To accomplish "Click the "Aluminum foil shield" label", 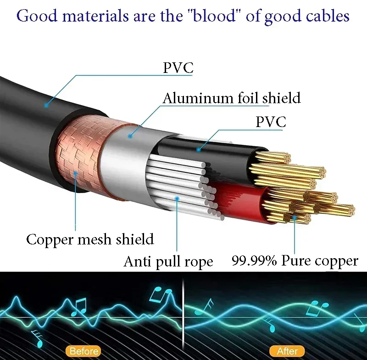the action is pyautogui.click(x=232, y=98).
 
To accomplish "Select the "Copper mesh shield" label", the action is pyautogui.click(x=90, y=239).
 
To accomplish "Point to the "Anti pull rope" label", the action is pyautogui.click(x=168, y=261).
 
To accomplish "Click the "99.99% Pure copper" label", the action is pyautogui.click(x=295, y=260).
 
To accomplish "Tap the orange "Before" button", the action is pyautogui.click(x=83, y=351).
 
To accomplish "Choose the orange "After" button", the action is pyautogui.click(x=287, y=351).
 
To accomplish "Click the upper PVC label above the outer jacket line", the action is pyautogui.click(x=178, y=67).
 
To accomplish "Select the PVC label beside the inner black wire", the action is pyautogui.click(x=271, y=122).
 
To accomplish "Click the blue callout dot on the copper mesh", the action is pyautogui.click(x=76, y=173).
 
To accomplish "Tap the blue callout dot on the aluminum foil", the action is pyautogui.click(x=130, y=136).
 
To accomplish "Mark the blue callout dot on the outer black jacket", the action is pyautogui.click(x=46, y=105).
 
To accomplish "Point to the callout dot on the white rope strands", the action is pyautogui.click(x=177, y=199).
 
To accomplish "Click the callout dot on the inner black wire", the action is pyautogui.click(x=199, y=149).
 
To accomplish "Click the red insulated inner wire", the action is pyautogui.click(x=239, y=201).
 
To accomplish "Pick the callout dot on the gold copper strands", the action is pyautogui.click(x=295, y=217).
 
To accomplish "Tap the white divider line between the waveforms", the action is pyautogui.click(x=183, y=316).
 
